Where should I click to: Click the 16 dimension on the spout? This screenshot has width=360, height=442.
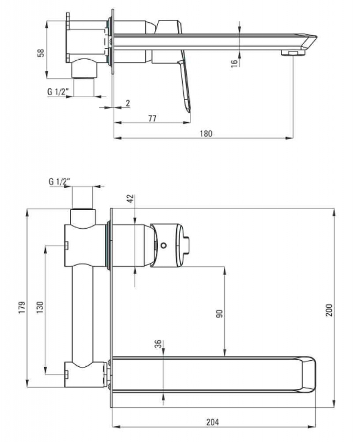coord(234,64)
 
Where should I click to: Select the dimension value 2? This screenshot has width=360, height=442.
coord(128,103)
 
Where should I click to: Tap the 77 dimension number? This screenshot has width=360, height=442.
coord(152,118)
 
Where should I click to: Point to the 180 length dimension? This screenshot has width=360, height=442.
coord(205,134)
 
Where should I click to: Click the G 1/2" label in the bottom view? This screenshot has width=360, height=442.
coord(60,182)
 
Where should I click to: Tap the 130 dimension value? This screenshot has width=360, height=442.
coord(40,307)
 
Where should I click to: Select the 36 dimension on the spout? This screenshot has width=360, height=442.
coord(158,344)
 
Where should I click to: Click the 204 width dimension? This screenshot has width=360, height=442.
coord(212,423)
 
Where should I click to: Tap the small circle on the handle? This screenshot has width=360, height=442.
coord(163,245)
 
